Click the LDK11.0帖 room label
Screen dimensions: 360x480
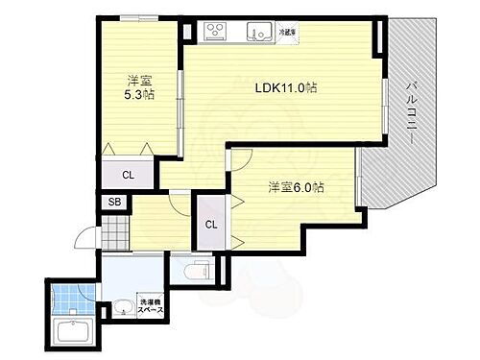click(x=286, y=87)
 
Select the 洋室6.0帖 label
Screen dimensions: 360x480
click(x=294, y=188)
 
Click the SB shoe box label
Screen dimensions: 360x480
click(x=114, y=203)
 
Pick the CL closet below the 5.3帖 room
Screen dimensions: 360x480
click(x=129, y=174)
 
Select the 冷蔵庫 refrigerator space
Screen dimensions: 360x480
click(x=288, y=32)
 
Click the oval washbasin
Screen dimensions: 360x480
click(x=123, y=309)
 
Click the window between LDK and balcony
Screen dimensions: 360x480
click(x=386, y=110)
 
